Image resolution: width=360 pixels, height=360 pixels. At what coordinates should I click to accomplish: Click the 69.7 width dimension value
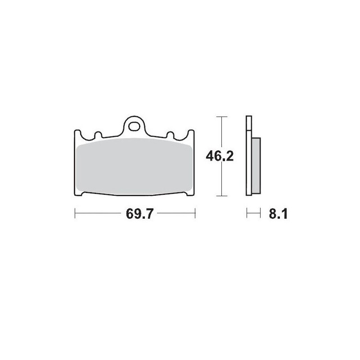(135, 214)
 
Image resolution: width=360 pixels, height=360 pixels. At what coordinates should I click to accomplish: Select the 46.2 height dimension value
(220, 156)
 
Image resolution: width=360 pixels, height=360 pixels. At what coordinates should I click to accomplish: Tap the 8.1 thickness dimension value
(278, 214)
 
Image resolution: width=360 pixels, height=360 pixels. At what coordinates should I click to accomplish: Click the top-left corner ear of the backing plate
(77, 133)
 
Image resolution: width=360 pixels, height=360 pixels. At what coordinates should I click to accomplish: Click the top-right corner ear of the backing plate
(192, 133)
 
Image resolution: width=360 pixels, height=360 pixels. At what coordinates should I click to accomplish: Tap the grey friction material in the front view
(135, 166)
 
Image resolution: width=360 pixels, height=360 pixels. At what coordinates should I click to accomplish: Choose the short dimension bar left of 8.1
(254, 213)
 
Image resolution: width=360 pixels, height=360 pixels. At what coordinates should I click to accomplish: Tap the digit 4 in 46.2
(210, 156)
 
